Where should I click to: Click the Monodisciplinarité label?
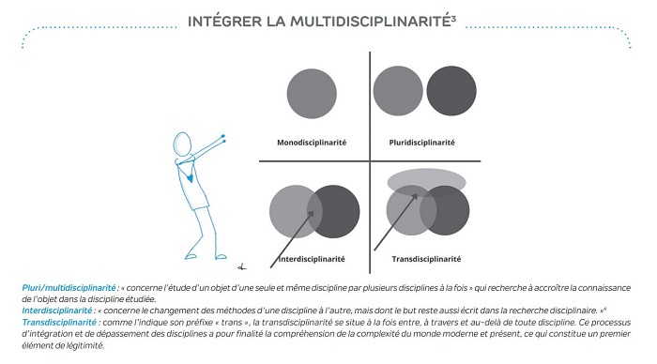tap(312, 143)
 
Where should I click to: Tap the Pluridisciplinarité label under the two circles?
tap(421, 143)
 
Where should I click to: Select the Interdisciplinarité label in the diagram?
tap(312, 259)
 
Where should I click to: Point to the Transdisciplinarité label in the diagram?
tap(426, 259)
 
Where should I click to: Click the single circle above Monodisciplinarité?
tap(312, 94)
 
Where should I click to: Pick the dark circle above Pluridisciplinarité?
tap(451, 90)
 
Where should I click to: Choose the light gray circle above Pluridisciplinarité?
tap(398, 90)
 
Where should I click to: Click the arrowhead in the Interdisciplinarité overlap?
tap(311, 214)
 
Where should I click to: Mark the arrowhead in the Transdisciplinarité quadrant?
tap(414, 197)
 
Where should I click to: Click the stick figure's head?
tap(182, 144)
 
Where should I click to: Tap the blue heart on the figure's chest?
tap(191, 178)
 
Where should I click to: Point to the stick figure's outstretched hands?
tap(223, 139)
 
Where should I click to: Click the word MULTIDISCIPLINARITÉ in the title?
tap(371, 22)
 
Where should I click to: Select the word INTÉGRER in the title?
tap(224, 22)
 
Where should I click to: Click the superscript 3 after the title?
tap(453, 18)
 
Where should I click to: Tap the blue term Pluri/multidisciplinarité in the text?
tap(69, 288)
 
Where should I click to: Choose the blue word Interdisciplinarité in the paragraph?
tap(56, 311)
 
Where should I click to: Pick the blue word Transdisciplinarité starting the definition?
tap(59, 322)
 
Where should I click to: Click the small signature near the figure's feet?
tap(242, 266)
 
